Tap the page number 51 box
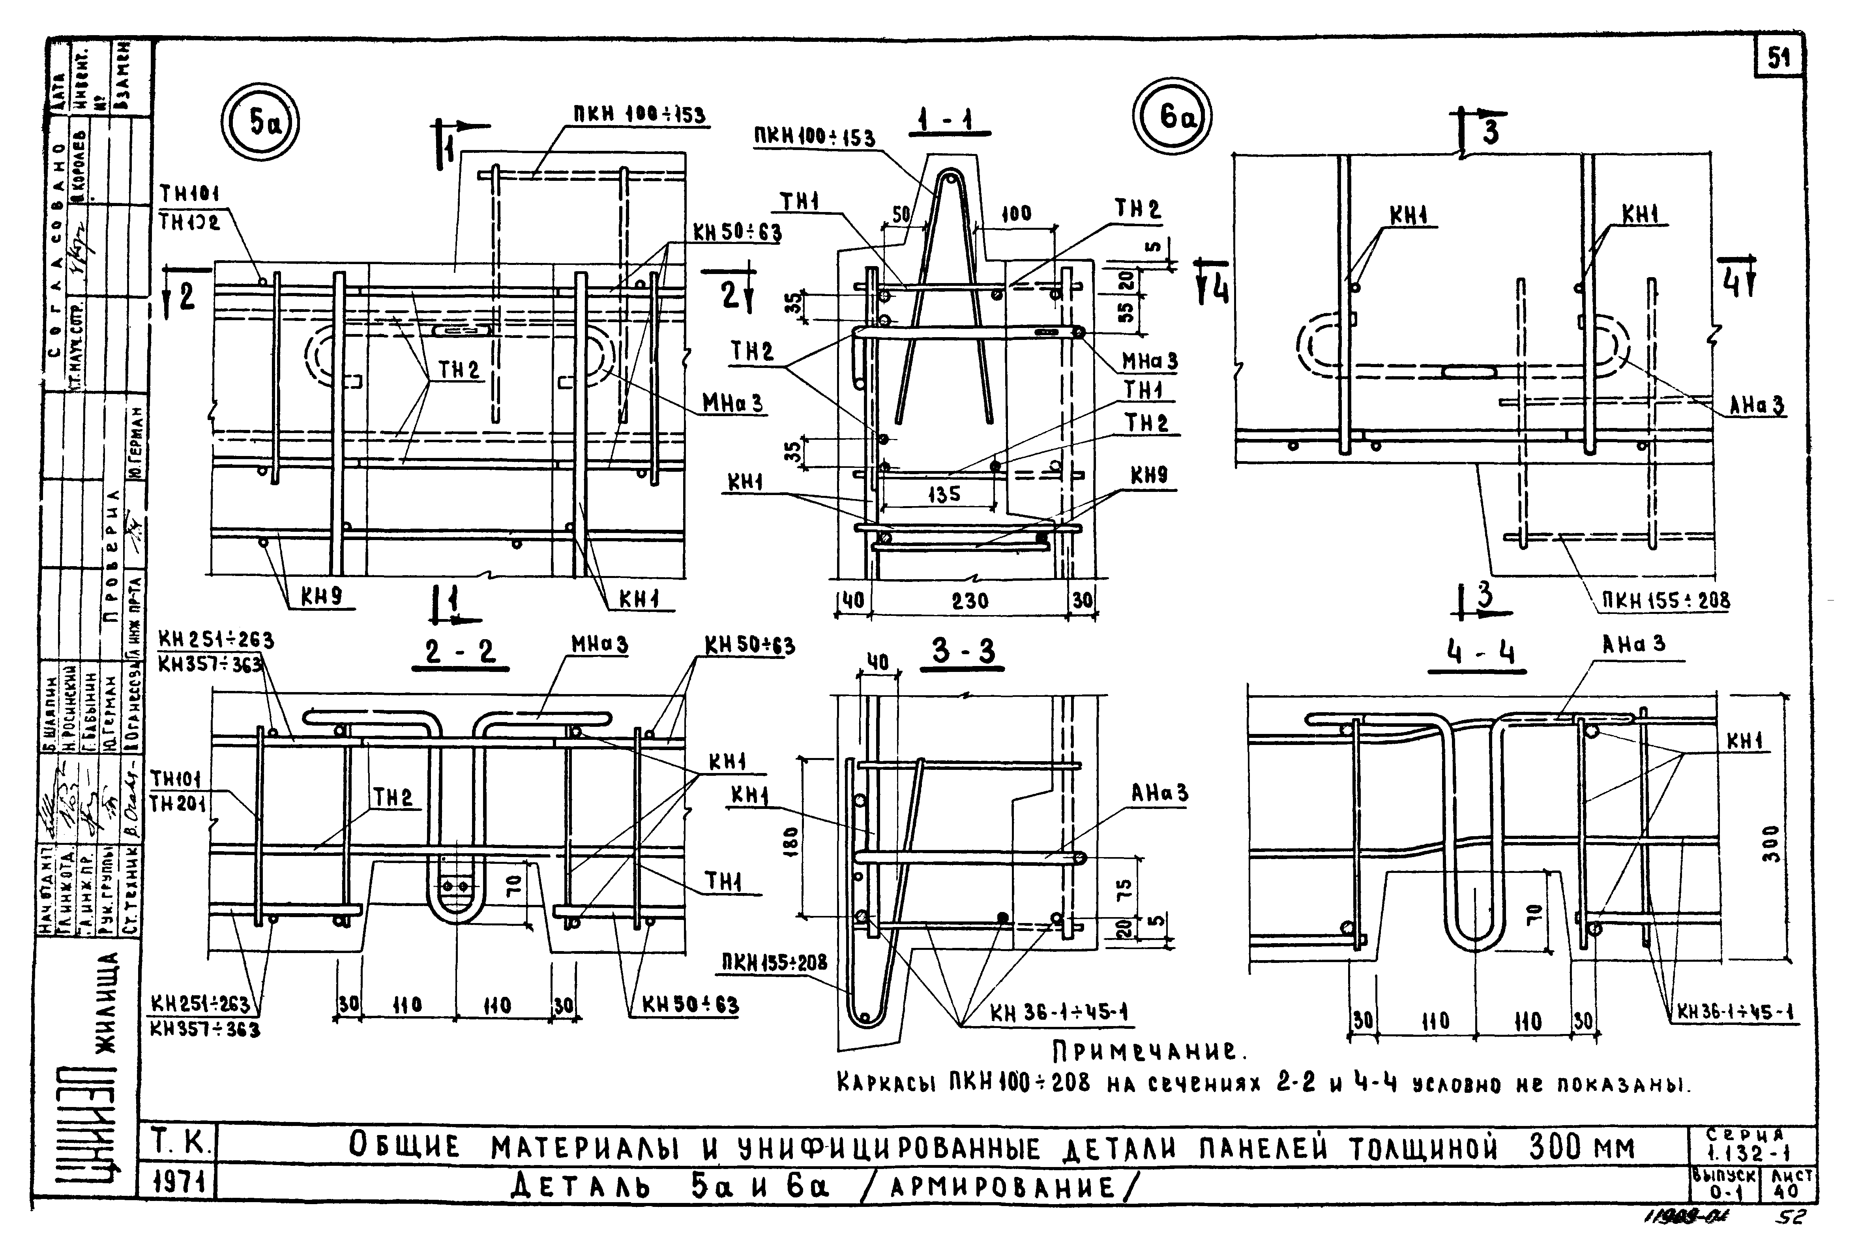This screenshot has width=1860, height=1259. [x=1778, y=58]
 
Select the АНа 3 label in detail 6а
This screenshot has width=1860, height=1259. [x=1757, y=406]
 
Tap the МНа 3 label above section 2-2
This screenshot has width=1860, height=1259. [x=599, y=644]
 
